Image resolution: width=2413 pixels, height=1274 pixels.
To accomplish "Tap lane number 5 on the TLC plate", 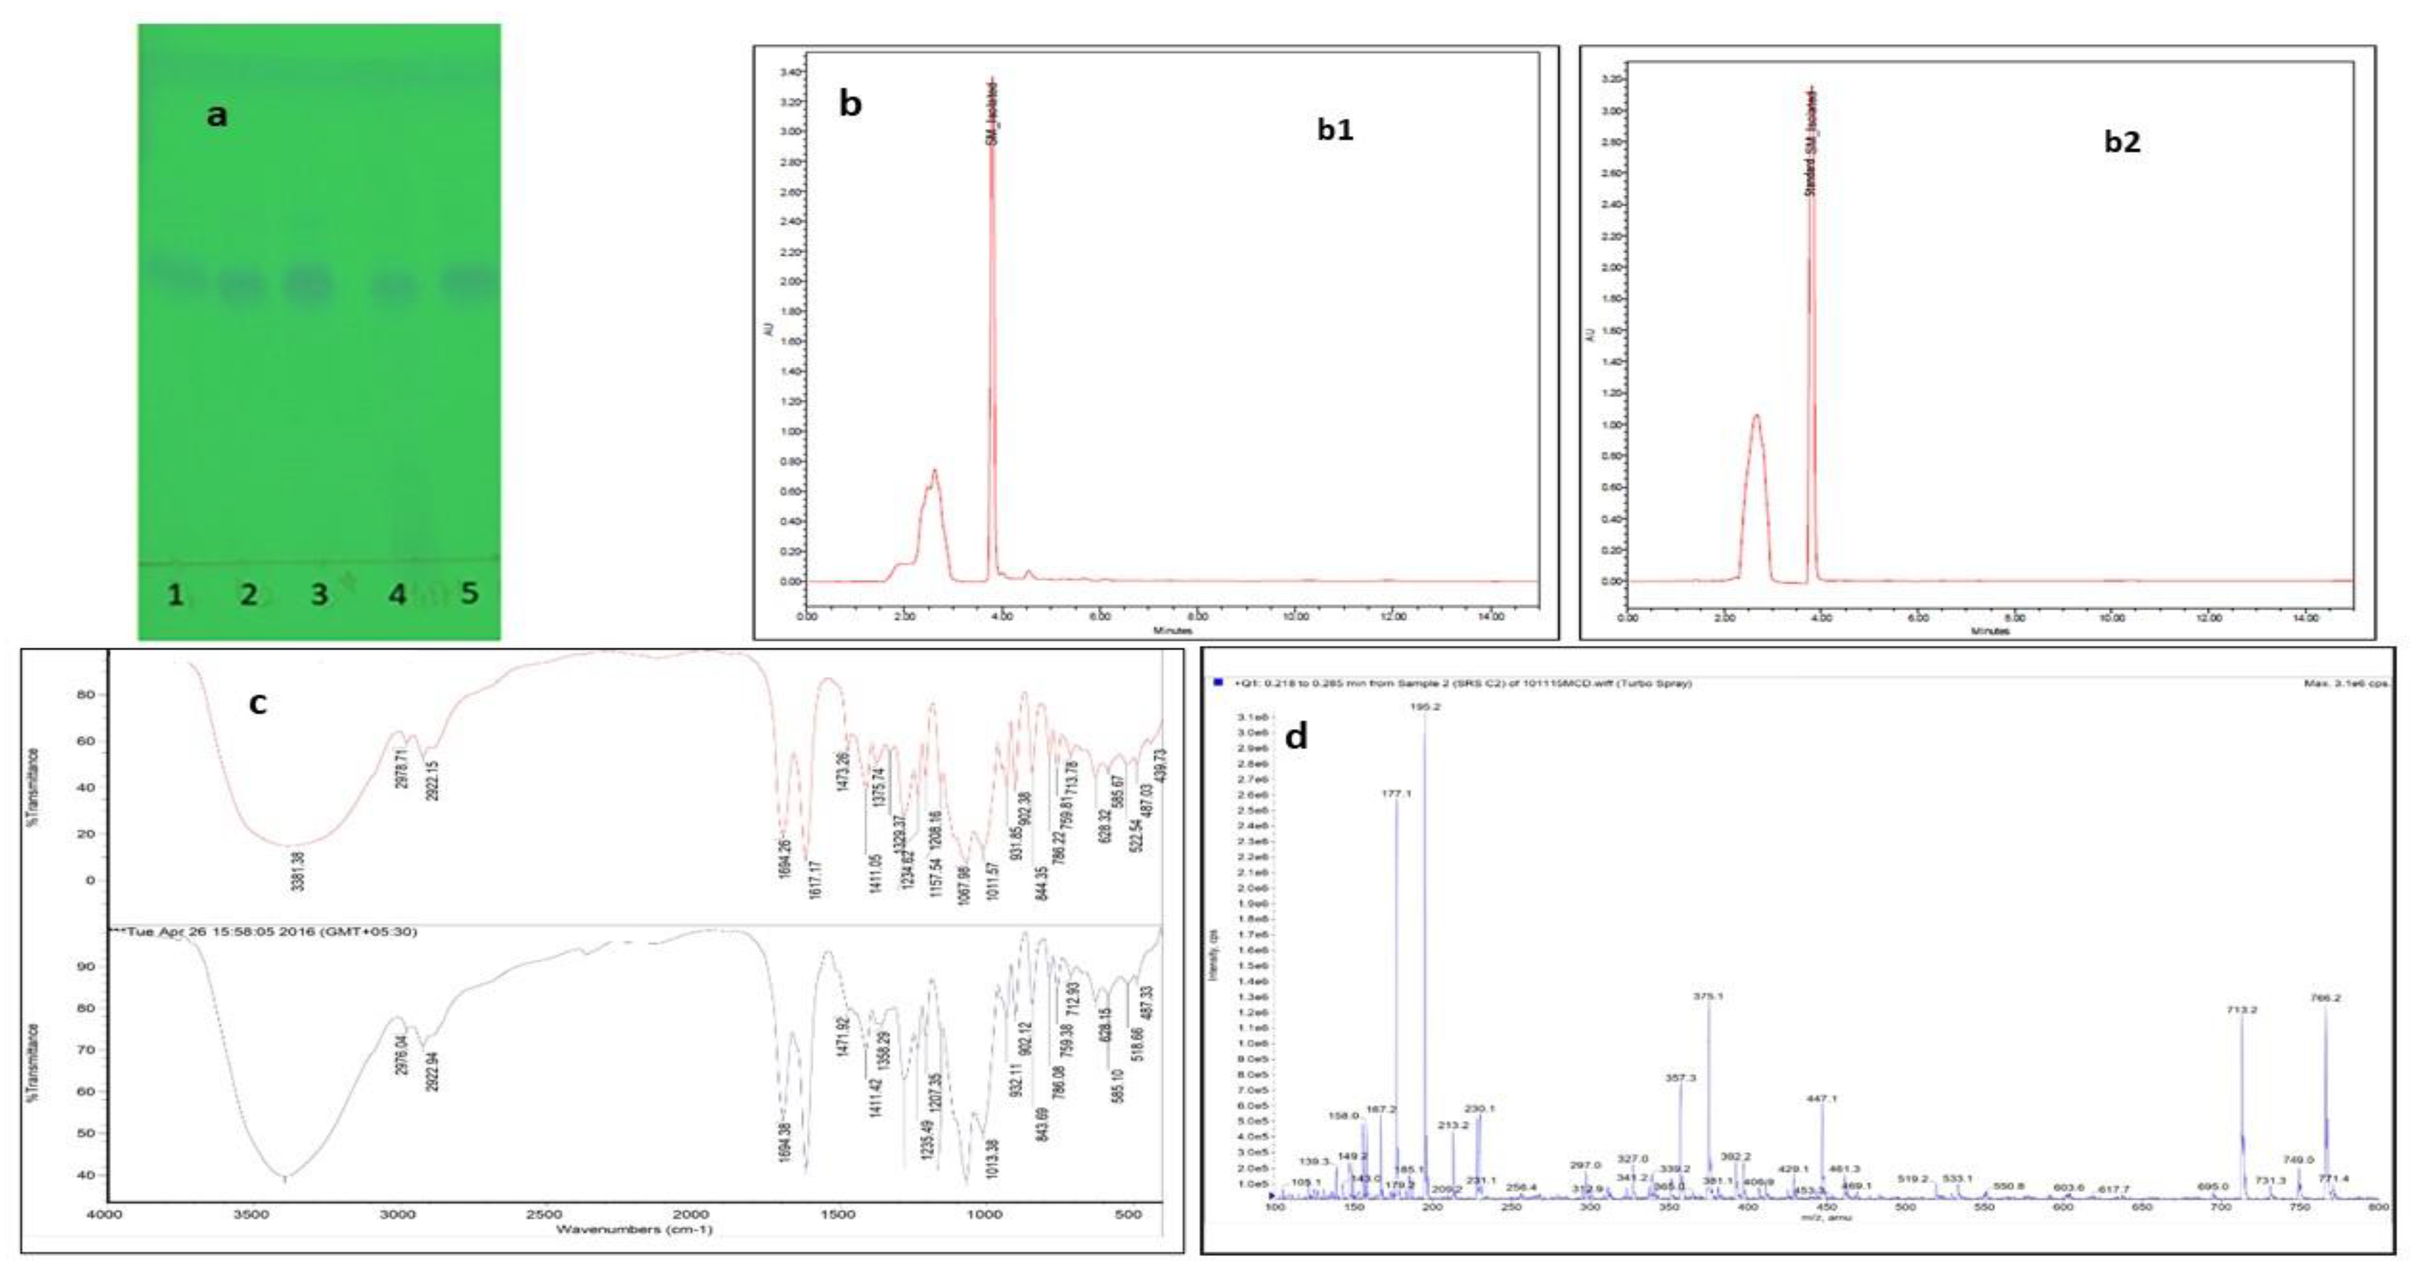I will [469, 593].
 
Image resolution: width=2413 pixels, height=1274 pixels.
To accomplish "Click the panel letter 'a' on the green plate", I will [216, 115].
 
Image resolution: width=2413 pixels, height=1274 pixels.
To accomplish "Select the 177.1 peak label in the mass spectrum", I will [1396, 793].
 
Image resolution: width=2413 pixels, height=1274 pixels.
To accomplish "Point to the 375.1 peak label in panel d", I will [1708, 996].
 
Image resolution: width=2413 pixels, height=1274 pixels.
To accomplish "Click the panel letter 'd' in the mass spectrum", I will [1295, 737].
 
